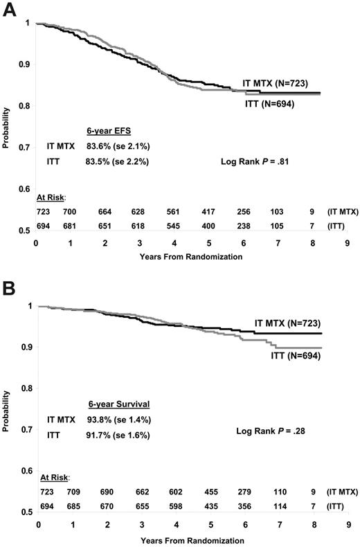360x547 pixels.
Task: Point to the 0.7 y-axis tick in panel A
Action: point(27,147)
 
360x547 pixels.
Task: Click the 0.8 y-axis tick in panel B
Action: point(27,388)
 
